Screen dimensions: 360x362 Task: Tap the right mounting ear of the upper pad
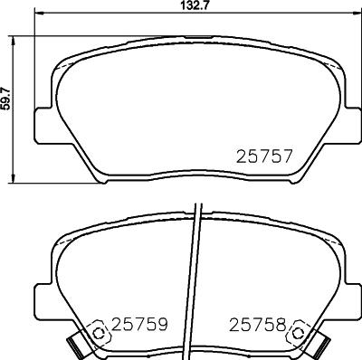coord(350,125)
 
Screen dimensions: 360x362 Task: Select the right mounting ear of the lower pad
coord(350,286)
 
